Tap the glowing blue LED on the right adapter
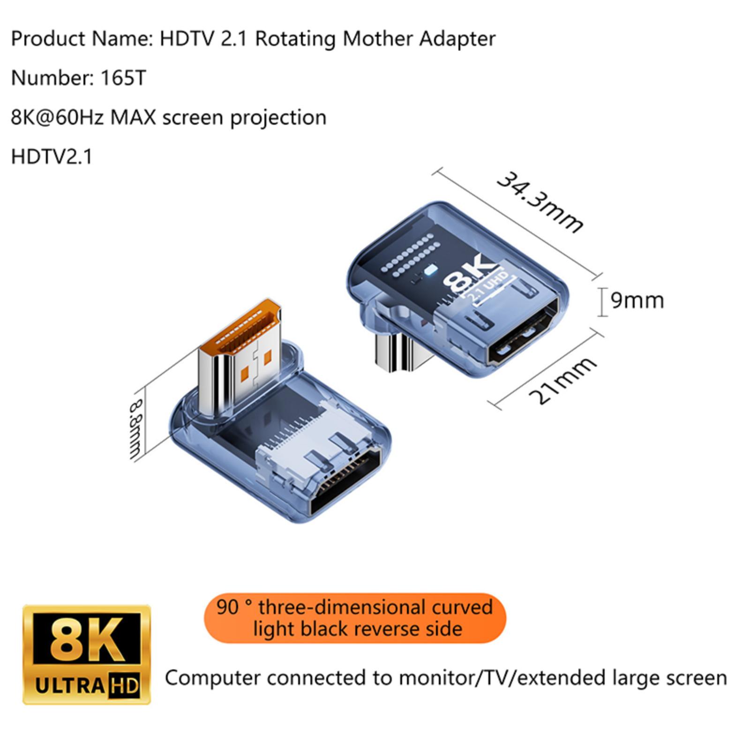tap(430, 271)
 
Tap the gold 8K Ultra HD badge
tap(87, 654)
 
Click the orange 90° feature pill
tap(355, 618)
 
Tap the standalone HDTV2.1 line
tap(52, 157)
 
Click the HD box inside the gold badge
tap(124, 686)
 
